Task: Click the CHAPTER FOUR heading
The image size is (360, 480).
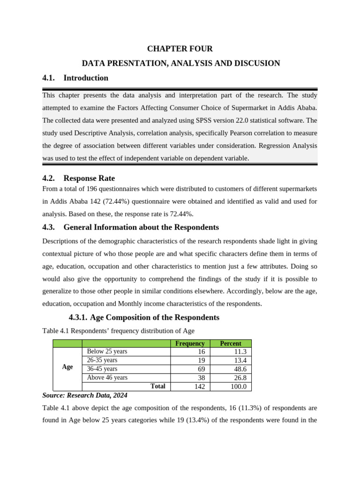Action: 180,49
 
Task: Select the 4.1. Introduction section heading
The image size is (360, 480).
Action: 75,78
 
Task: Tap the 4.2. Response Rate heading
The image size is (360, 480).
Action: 79,178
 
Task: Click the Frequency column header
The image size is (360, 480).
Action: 190,344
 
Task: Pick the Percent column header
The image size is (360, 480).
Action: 231,344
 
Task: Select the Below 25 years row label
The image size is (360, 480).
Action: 107,352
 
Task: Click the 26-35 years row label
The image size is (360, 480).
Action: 102,360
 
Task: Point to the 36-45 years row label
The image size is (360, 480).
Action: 102,369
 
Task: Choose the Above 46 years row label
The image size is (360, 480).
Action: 107,378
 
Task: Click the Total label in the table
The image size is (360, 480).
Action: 157,386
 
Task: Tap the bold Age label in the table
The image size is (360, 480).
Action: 67,367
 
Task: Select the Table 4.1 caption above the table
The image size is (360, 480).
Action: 118,331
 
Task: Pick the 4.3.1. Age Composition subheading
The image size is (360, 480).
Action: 144,317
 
